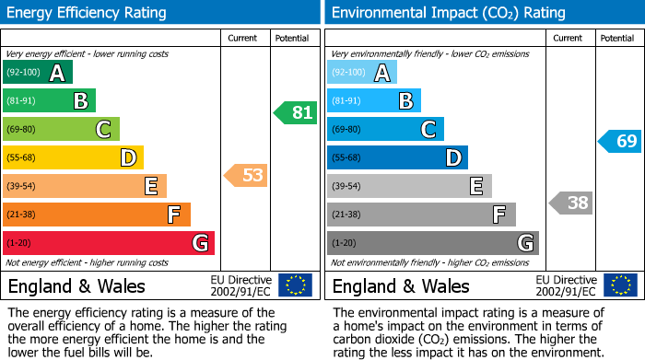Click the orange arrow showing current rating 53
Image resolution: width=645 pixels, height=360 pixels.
tap(246, 175)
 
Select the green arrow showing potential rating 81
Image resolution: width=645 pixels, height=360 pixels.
tap(295, 113)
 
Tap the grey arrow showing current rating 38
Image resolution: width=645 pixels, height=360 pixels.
tap(570, 203)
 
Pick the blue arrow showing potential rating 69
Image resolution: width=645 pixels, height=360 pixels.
tap(620, 142)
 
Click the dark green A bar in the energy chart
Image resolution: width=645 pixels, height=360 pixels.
tap(38, 73)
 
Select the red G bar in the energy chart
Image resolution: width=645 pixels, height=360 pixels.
tap(109, 243)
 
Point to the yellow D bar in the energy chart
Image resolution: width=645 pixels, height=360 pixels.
tap(73, 158)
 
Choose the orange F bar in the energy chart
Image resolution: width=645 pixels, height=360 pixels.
tap(97, 215)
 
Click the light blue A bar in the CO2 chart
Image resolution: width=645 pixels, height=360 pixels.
tap(362, 73)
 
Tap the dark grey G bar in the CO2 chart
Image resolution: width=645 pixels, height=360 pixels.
tap(432, 243)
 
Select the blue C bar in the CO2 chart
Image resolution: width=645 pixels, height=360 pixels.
tap(385, 130)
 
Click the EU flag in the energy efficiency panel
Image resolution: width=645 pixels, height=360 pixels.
tap(295, 285)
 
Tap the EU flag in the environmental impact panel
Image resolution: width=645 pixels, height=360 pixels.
tap(619, 285)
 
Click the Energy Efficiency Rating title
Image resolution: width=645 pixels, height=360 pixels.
tap(88, 13)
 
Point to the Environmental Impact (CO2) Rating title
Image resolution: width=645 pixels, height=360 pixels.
tap(448, 13)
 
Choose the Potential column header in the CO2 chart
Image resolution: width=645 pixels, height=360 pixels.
tap(616, 38)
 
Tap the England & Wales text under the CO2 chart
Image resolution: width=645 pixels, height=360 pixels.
tap(401, 286)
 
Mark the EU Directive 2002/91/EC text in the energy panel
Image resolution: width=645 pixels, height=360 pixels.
tap(240, 285)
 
